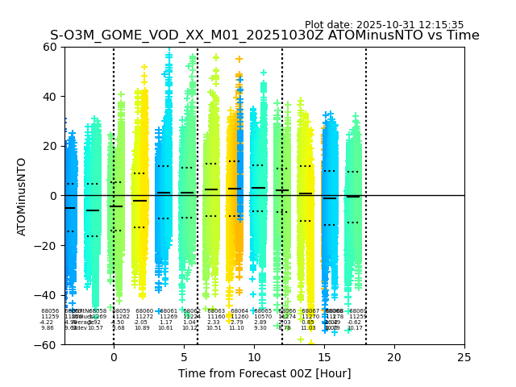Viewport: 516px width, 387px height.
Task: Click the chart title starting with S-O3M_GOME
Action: (264, 35)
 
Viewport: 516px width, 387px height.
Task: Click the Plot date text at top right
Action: (384, 25)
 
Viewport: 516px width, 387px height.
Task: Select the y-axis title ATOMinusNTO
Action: (22, 196)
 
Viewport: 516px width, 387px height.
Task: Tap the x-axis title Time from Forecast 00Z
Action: (264, 373)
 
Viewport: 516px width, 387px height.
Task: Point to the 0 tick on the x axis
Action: (114, 356)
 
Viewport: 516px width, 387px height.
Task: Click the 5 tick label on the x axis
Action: (184, 356)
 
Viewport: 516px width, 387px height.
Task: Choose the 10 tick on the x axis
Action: (254, 356)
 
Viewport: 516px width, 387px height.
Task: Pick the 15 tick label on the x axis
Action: (324, 356)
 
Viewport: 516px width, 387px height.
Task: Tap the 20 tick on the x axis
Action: (394, 356)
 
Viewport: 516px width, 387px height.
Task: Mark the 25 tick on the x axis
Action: (464, 356)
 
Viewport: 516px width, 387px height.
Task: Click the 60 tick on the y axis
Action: (50, 47)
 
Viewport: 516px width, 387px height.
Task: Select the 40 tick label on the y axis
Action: (50, 97)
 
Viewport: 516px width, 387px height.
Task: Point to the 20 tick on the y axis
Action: (50, 146)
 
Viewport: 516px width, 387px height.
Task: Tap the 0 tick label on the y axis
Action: (53, 196)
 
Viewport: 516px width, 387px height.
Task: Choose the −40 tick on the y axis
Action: (47, 295)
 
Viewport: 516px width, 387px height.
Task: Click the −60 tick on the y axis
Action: (47, 344)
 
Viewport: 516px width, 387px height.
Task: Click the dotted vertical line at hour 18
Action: (366, 161)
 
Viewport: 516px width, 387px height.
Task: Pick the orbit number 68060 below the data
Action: (144, 311)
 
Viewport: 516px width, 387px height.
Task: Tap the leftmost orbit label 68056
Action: (50, 311)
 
